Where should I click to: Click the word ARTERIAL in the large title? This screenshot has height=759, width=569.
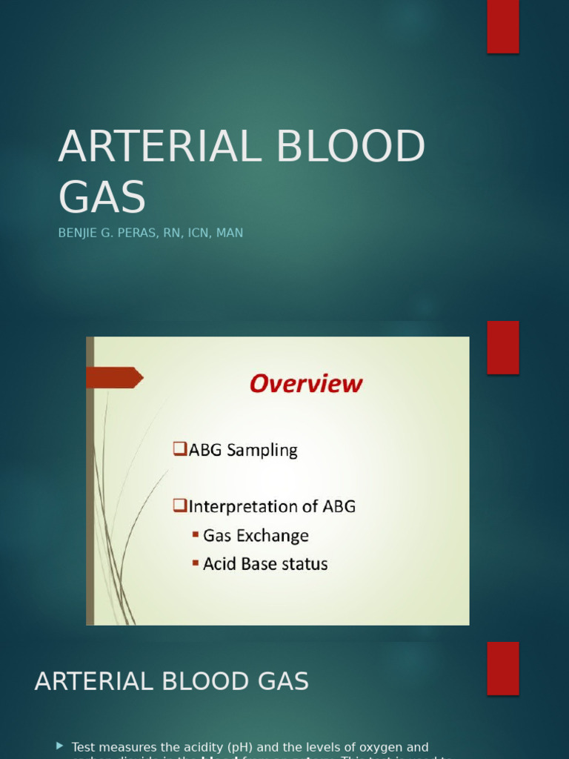(159, 147)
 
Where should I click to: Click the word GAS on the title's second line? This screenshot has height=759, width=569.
(102, 198)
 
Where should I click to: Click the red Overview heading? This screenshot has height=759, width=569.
(306, 384)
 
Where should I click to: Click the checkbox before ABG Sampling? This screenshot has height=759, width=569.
(179, 449)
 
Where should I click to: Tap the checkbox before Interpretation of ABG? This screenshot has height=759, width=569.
(179, 506)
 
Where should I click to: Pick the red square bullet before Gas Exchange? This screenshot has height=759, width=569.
(196, 534)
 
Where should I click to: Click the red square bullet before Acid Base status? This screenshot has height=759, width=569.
(196, 563)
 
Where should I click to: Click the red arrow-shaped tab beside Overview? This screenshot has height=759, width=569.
(113, 377)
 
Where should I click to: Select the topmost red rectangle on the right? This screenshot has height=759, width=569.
(503, 27)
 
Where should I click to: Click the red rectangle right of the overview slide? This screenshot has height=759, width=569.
(503, 348)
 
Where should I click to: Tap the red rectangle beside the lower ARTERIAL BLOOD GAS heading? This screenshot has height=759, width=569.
(503, 668)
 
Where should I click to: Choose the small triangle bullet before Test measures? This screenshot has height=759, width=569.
(60, 745)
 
